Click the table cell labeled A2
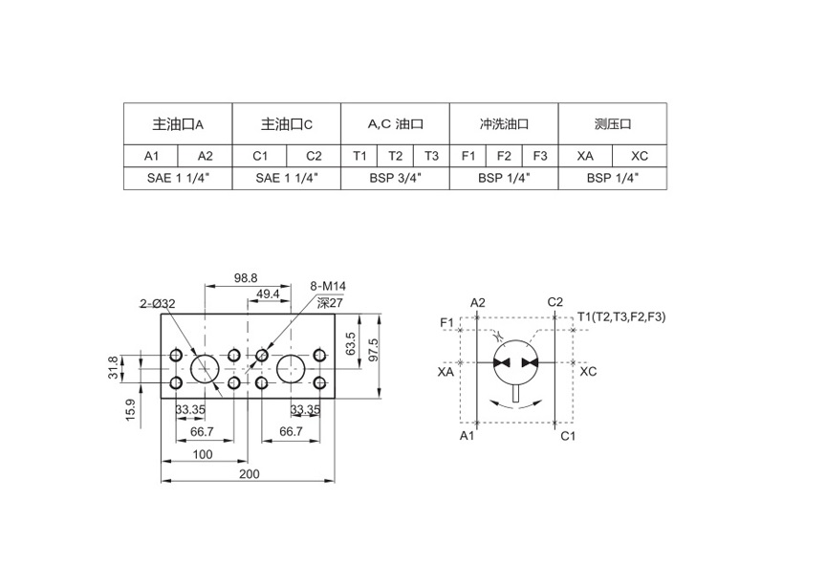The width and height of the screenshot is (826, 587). click(x=205, y=156)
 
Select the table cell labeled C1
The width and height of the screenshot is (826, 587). click(x=260, y=156)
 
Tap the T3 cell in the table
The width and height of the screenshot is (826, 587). click(x=431, y=156)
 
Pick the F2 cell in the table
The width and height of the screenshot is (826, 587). click(x=504, y=156)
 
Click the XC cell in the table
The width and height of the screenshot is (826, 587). click(x=640, y=156)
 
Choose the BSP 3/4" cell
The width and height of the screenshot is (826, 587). click(x=395, y=178)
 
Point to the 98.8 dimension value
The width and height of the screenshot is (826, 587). click(x=246, y=277)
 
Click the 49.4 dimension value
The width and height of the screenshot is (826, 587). click(x=268, y=294)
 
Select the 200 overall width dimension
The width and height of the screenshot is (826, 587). click(x=250, y=473)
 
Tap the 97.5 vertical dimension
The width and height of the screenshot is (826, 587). click(x=373, y=350)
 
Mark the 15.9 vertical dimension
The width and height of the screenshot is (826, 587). click(x=130, y=409)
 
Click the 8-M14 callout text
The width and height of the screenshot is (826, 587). click(x=328, y=286)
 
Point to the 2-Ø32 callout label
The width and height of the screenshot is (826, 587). click(x=158, y=303)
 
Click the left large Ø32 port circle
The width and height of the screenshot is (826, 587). click(x=205, y=355)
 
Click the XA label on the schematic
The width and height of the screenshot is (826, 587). click(x=446, y=372)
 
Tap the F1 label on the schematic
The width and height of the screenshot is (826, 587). click(x=446, y=322)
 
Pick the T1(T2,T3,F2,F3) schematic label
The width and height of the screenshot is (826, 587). click(x=621, y=316)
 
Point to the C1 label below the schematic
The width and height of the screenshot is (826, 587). click(x=568, y=436)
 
